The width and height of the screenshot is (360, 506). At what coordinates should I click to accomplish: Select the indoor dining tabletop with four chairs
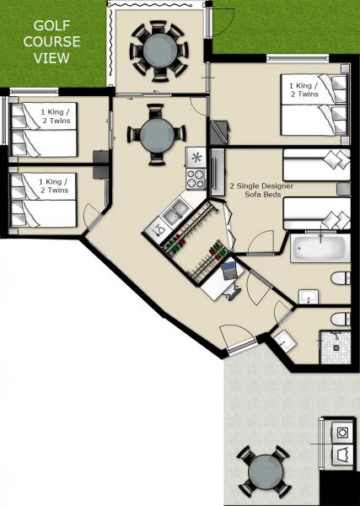pos(156,134)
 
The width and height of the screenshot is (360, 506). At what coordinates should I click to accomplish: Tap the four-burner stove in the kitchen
pos(196,178)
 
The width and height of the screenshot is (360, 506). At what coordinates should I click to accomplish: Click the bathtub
pos(320,250)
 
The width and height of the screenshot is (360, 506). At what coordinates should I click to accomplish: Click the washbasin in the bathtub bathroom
pos(308,296)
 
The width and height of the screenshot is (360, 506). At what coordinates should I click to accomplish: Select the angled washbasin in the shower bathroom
pos(284,342)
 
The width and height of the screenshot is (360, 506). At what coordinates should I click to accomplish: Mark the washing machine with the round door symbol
pos(342,432)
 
